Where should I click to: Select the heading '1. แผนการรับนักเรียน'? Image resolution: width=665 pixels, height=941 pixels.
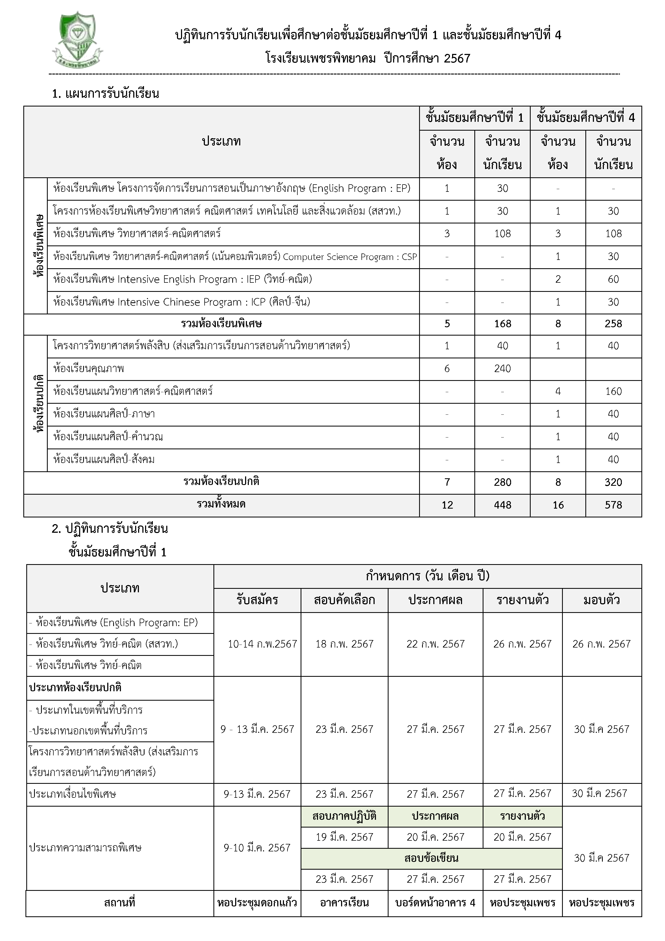(105, 94)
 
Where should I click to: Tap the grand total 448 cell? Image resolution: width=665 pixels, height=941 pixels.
(502, 505)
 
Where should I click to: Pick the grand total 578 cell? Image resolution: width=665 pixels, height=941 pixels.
(613, 505)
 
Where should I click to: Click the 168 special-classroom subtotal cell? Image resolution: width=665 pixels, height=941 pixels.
(502, 324)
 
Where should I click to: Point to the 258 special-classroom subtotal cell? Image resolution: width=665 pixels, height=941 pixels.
(613, 324)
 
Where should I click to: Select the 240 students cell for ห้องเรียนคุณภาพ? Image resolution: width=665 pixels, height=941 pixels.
(502, 369)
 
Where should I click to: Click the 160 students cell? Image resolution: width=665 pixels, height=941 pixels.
(613, 391)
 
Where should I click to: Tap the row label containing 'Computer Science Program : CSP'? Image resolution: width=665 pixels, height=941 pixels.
(235, 257)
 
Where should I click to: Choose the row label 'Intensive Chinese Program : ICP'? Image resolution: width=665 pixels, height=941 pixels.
(182, 302)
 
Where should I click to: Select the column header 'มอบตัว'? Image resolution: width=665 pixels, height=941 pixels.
(601, 600)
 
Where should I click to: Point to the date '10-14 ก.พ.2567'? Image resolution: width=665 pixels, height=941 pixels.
(262, 644)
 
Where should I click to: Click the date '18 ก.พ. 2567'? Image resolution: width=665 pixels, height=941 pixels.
(344, 644)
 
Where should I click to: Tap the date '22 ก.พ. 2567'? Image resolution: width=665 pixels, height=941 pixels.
(435, 644)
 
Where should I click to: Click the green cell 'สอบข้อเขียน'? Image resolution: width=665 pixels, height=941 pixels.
(431, 858)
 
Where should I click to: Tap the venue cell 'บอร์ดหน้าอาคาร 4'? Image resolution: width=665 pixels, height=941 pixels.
(435, 903)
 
